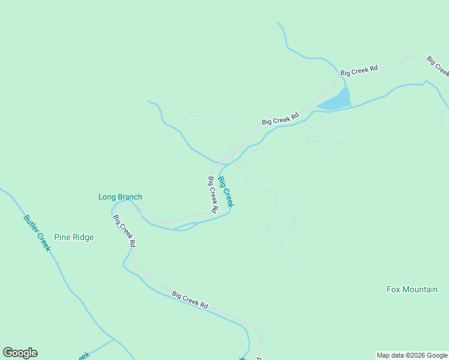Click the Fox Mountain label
[x=412, y=289]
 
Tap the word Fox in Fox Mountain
[x=393, y=289]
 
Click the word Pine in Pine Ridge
[x=62, y=237]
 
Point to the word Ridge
[x=83, y=237]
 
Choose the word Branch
[x=130, y=197]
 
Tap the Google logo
[x=20, y=353]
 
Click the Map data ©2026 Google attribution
[x=412, y=355]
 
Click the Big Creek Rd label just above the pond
[x=359, y=70]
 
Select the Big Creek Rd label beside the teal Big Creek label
[x=212, y=194]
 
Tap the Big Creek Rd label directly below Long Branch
[x=124, y=231]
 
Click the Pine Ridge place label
[x=74, y=237]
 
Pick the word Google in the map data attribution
[x=436, y=355]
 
